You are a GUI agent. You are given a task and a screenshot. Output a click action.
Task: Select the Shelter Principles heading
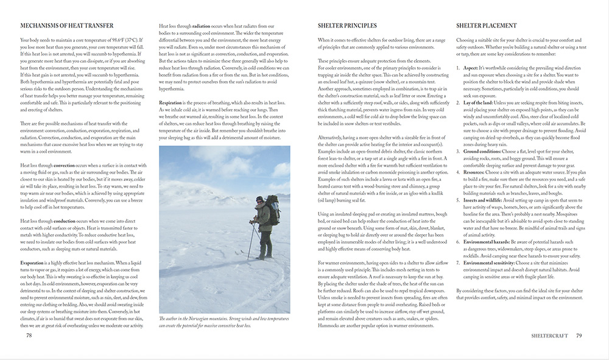(x=347, y=26)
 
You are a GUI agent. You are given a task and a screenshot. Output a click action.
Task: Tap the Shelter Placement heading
(x=487, y=26)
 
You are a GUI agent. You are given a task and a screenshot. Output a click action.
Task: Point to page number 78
(x=29, y=334)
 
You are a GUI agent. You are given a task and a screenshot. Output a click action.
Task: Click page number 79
(x=579, y=334)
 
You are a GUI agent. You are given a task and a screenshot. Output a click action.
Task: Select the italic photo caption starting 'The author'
(x=224, y=320)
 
